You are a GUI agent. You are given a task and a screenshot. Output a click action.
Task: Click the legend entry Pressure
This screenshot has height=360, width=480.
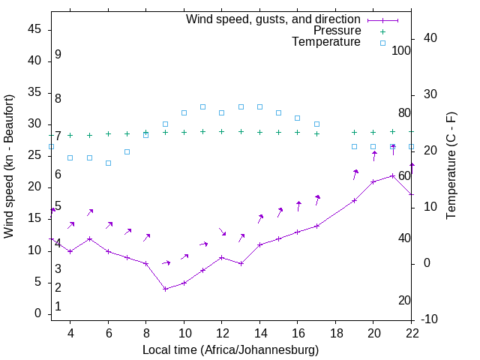[x=337, y=31]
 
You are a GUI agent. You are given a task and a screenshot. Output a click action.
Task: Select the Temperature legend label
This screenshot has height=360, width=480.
[x=326, y=43]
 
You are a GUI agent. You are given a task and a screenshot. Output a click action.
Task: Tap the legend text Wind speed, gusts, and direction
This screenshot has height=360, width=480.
[x=274, y=19]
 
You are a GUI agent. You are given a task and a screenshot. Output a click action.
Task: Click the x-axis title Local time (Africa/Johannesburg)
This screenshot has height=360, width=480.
[x=230, y=350]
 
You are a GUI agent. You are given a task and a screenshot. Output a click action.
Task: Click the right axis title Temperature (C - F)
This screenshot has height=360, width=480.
[x=451, y=166]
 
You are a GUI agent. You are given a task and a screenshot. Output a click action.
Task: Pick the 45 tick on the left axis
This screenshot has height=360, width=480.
[x=34, y=29]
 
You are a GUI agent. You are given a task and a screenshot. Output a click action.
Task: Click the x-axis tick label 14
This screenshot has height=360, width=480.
[x=259, y=333]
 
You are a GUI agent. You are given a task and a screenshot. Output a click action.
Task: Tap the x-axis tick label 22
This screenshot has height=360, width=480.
[x=411, y=333]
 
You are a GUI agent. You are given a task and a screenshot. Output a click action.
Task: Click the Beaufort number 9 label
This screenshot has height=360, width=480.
[x=58, y=55]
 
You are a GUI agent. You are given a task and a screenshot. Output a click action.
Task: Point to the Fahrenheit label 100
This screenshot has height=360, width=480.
[x=401, y=50]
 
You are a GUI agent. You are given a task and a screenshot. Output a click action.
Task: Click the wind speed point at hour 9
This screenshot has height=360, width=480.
[x=165, y=289]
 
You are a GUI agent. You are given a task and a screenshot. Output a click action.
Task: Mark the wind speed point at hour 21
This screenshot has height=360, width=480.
[x=392, y=175]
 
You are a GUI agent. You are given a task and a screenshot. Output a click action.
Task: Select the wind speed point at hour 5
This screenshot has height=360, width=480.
[x=89, y=238]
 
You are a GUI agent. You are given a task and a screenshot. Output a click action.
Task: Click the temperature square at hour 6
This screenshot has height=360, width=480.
[x=108, y=163]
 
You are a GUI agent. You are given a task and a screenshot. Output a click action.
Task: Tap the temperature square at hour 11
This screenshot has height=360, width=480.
[x=202, y=106]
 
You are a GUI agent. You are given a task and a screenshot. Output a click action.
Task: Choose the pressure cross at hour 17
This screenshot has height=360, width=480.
[x=316, y=133]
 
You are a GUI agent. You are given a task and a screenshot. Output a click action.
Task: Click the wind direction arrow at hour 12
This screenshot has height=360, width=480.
[x=222, y=232]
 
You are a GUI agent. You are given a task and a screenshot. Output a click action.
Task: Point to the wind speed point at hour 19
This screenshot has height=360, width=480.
[x=354, y=200]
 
